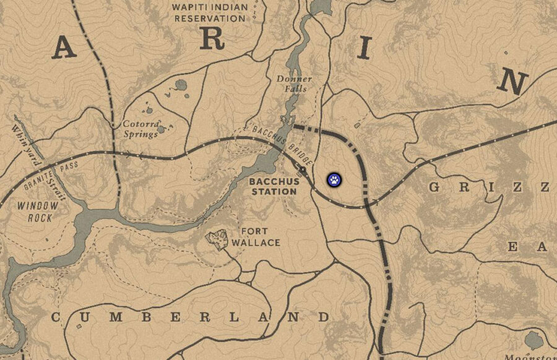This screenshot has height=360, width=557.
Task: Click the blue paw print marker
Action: [x=334, y=180]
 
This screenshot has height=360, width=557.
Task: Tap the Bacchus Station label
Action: [x=274, y=187]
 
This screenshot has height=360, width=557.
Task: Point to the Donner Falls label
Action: [x=295, y=84]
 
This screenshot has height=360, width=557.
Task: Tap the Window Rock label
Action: [x=38, y=212]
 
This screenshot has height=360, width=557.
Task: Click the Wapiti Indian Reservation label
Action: [x=209, y=12]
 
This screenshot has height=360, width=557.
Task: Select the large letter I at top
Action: [x=363, y=47]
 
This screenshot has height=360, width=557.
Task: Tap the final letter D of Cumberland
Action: [x=323, y=318]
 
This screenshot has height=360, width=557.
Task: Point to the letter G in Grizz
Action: [x=435, y=187]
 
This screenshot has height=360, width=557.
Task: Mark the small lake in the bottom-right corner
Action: [x=533, y=340]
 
